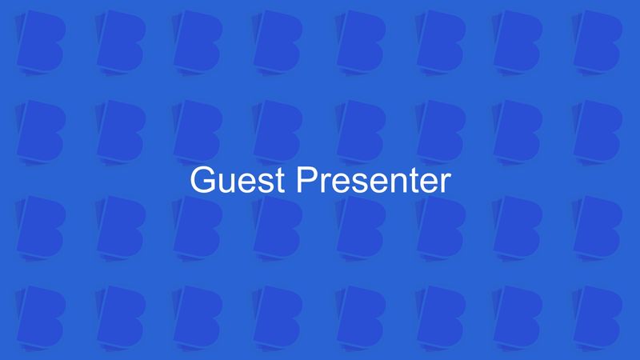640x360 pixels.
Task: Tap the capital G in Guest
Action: coord(201,180)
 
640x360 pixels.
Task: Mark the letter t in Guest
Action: coord(277,181)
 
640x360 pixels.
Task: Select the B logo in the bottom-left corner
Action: coord(38,314)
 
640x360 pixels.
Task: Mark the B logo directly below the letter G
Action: coord(198,223)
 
